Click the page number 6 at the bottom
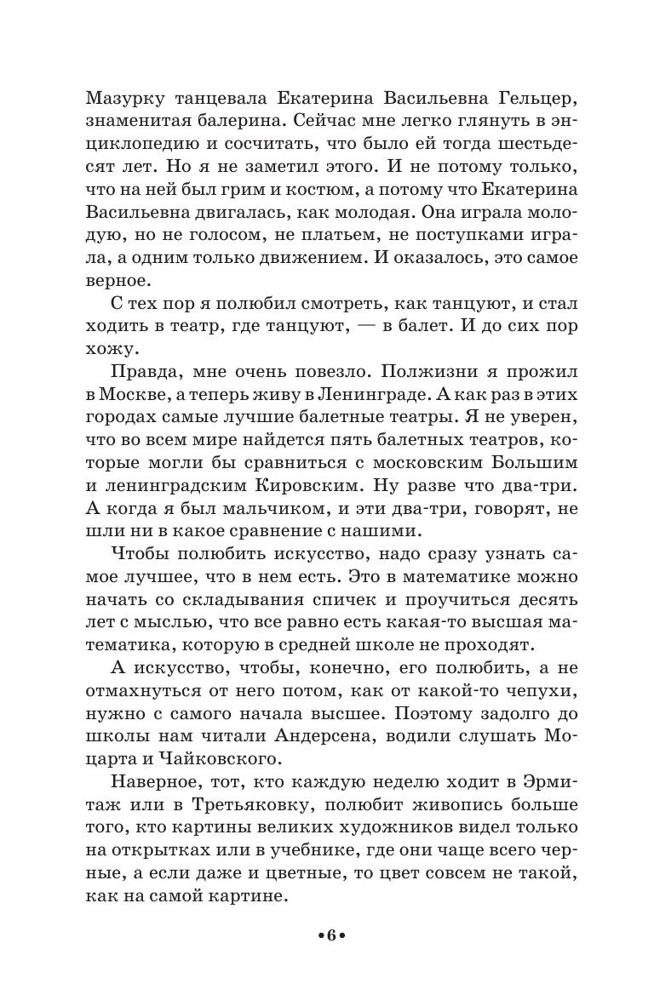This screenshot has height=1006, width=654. click(x=328, y=960)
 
